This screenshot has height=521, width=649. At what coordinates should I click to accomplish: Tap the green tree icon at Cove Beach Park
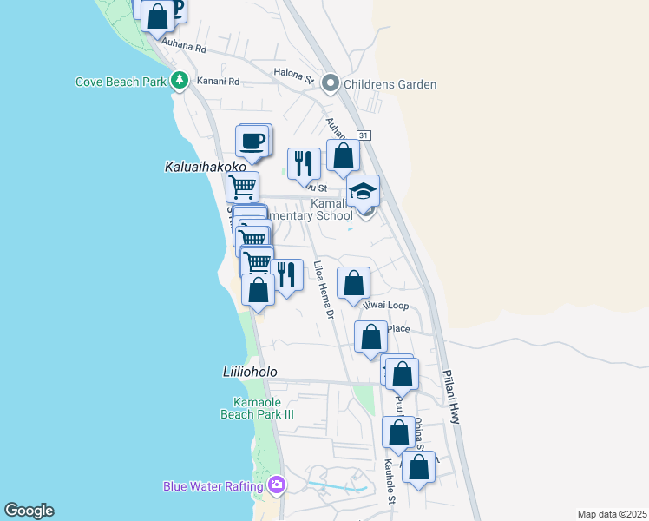pos(180,81)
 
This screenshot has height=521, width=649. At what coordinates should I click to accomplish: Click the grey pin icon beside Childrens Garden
pos(330,83)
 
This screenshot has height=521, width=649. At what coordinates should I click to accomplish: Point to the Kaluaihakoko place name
pos(198,165)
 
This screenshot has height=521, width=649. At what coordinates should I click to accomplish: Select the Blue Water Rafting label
pos(213,486)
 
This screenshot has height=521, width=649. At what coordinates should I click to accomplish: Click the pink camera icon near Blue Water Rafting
pos(277,485)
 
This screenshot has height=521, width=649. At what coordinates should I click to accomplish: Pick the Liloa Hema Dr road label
pos(323,289)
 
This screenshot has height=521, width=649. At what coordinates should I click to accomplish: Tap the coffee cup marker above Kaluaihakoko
pos(252,142)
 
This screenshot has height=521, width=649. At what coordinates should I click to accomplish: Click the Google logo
pos(29,511)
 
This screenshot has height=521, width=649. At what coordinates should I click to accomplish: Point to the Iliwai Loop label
pos(385,306)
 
